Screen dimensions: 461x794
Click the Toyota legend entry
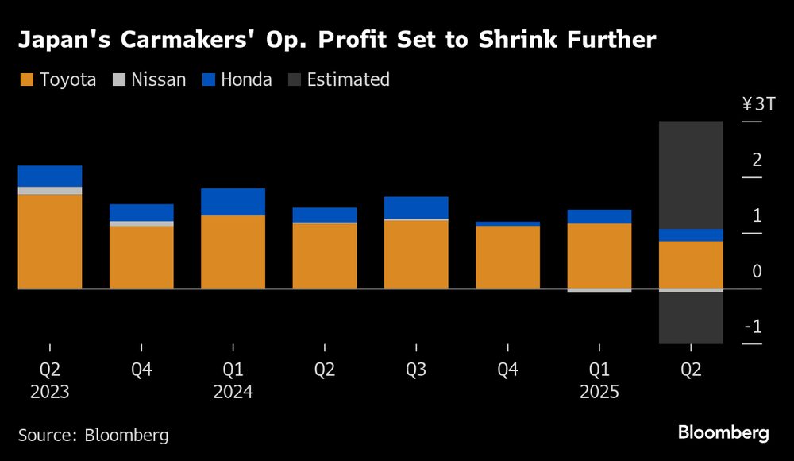click(x=57, y=79)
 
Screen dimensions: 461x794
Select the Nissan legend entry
click(x=149, y=79)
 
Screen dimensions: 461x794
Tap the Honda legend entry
click(x=237, y=79)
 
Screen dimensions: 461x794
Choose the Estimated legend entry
click(x=338, y=79)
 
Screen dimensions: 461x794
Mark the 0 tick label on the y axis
click(x=756, y=271)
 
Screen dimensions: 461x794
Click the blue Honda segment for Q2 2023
click(x=50, y=176)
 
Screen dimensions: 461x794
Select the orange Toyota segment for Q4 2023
click(x=141, y=257)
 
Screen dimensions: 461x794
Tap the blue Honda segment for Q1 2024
click(x=233, y=202)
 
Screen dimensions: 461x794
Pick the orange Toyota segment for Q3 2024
click(x=416, y=254)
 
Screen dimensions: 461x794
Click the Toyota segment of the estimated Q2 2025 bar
click(x=691, y=264)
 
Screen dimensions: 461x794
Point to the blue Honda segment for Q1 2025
click(x=599, y=216)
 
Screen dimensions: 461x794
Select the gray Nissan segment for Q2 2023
click(x=50, y=191)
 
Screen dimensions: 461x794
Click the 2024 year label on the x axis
click(x=233, y=393)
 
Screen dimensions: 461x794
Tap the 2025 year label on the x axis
click(x=599, y=393)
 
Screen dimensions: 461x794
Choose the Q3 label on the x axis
click(x=416, y=370)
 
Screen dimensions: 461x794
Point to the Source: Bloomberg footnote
click(x=93, y=435)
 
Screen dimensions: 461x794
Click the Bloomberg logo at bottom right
click(x=723, y=433)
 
